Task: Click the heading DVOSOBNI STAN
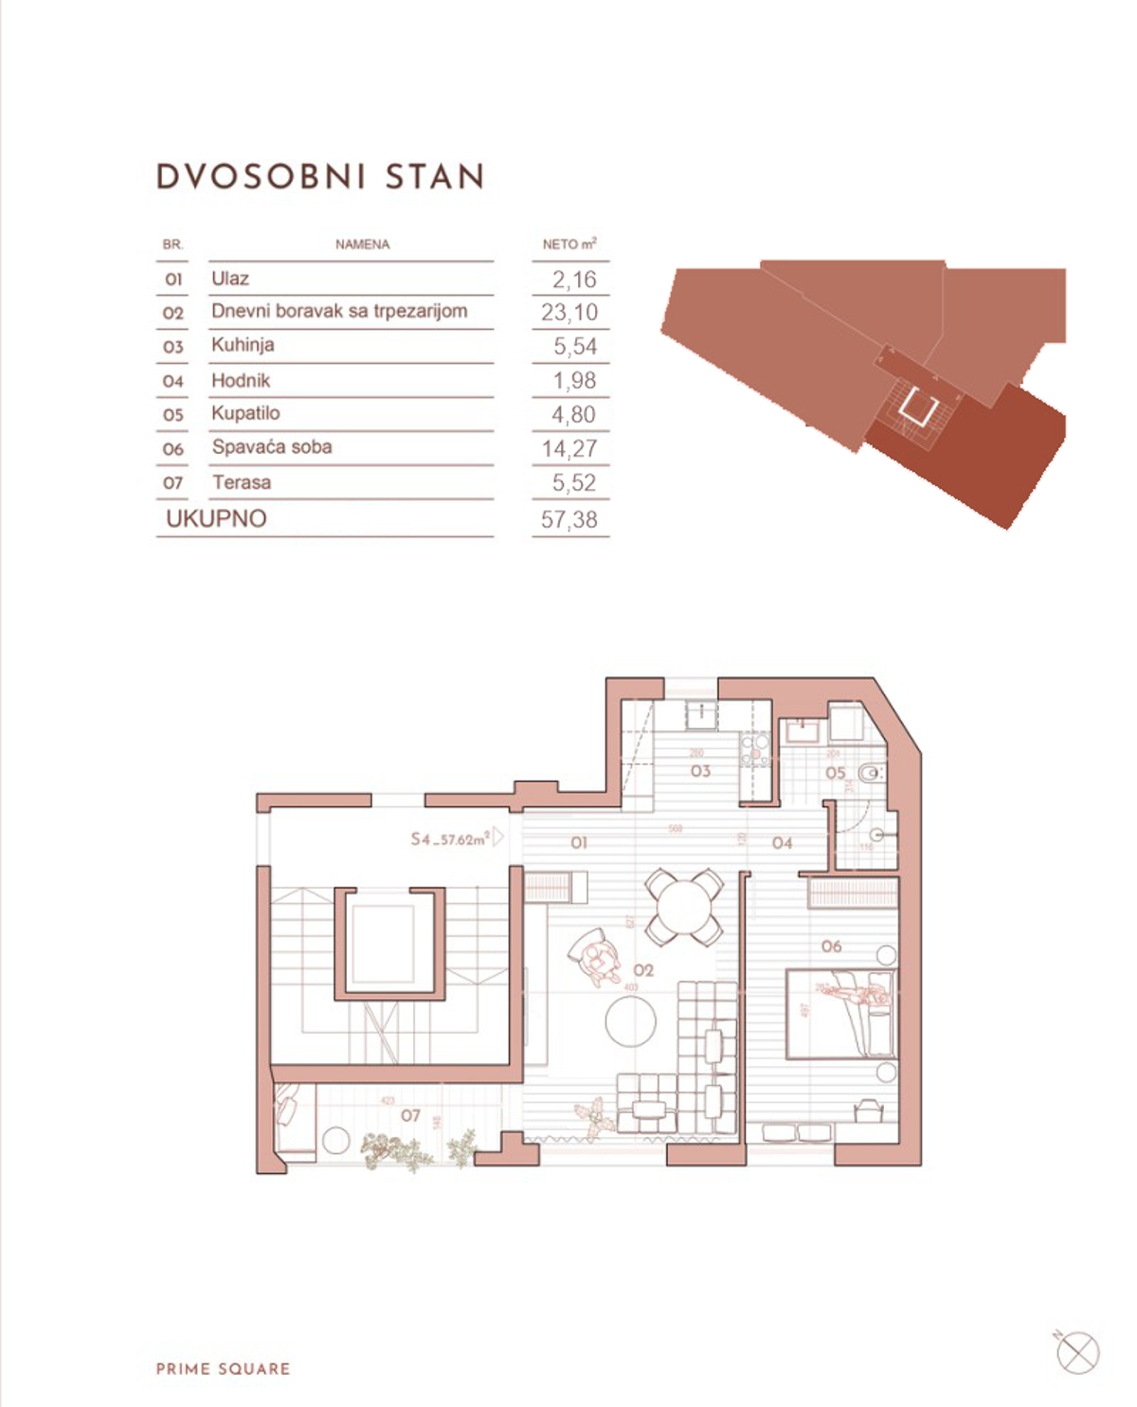coord(320,177)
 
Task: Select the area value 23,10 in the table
coord(569,313)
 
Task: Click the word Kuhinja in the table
coord(243,345)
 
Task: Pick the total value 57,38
coord(569,519)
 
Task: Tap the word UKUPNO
coord(216,518)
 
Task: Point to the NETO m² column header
coord(568,244)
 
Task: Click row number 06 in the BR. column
coord(172,449)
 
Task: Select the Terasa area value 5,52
coord(574,483)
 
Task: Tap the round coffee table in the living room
coord(631,1020)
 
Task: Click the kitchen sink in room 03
coord(701,713)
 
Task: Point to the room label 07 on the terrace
coord(410,1116)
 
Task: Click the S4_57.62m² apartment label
coord(451,839)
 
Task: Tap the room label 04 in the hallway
coord(782,843)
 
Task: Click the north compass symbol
coord(1077,1352)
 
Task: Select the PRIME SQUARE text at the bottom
coord(224,1369)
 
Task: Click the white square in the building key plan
coord(918,406)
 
